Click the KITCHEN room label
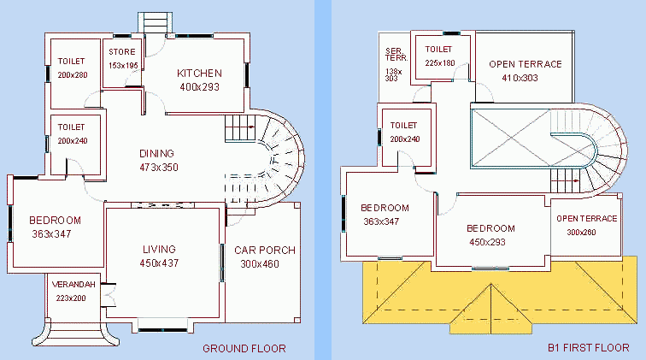199,74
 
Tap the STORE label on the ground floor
122,52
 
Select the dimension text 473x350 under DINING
159,168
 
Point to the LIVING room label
159,250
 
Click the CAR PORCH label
265,251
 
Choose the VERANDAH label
73,285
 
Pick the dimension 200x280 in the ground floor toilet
73,75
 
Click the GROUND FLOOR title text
244,348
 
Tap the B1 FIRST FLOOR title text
588,348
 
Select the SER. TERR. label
396,55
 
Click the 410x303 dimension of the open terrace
520,78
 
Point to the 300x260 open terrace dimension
581,233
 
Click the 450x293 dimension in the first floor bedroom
487,242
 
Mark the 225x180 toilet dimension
440,63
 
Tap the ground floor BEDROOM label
56,221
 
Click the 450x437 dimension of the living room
159,263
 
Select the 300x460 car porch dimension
260,264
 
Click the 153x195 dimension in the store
123,66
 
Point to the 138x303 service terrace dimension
393,74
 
